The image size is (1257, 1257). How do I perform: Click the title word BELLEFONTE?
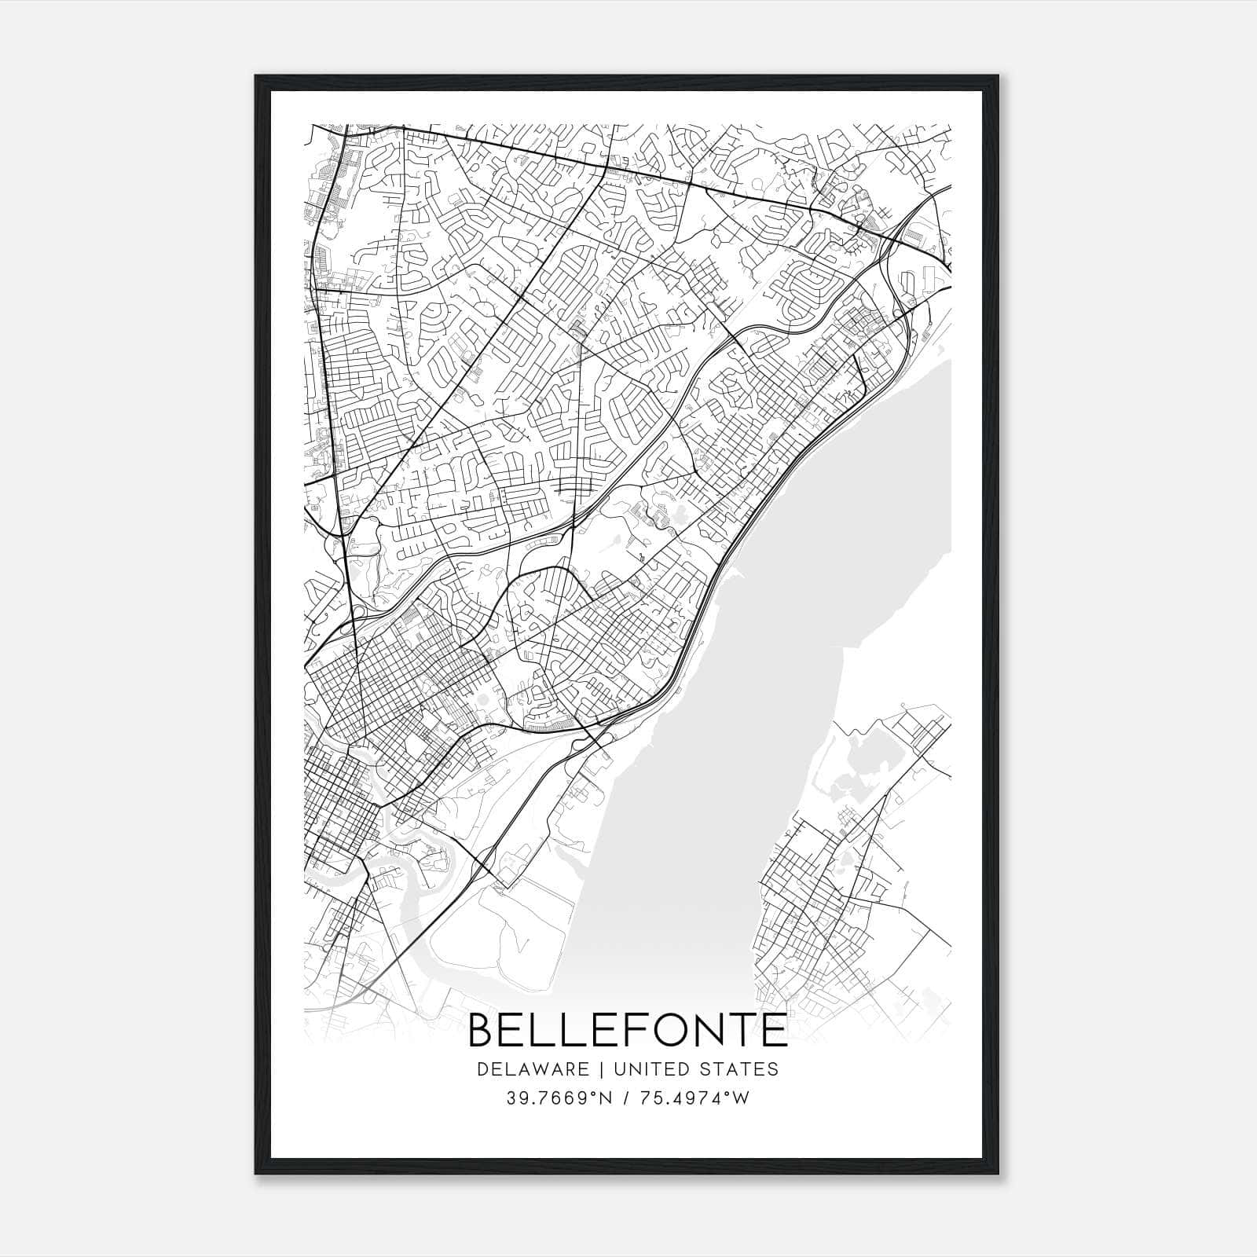[x=628, y=1031]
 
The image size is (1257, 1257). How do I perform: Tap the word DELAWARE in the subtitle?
[x=532, y=1069]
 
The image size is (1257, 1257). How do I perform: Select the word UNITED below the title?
[x=647, y=1069]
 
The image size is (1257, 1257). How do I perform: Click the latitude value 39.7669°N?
[x=557, y=1098]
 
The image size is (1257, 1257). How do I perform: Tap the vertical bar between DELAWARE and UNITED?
[x=602, y=1069]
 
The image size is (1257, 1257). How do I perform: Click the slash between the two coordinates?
[x=625, y=1098]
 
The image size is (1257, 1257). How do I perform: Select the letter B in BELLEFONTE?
[x=482, y=1031]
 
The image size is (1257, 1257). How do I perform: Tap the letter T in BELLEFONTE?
[x=742, y=1031]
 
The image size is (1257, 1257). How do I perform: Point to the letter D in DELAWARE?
[x=482, y=1069]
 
